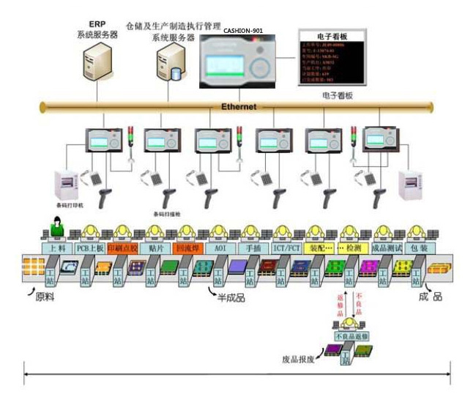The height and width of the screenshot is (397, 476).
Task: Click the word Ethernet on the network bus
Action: coord(239,107)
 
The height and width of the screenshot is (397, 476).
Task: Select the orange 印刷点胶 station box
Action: coord(122,248)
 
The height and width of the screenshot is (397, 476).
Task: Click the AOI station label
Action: coord(220,248)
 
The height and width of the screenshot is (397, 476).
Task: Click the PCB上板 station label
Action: coord(89,248)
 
